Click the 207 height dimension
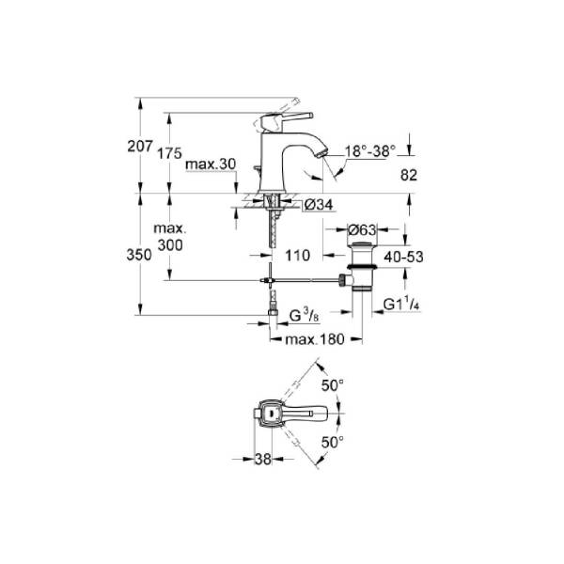[140, 146]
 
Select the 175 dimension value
[169, 153]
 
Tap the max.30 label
[211, 164]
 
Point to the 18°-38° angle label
[370, 151]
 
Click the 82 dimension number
[409, 175]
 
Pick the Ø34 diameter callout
[319, 205]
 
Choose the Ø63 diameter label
[362, 230]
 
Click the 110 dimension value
[297, 256]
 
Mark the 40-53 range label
[403, 257]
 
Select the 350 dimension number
[139, 255]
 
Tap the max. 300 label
[170, 237]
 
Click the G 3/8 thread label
[304, 316]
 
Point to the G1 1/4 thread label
[401, 305]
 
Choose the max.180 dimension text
[315, 339]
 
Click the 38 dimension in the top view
[263, 459]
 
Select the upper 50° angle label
[333, 386]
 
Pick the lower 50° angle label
[333, 442]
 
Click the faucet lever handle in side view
[287, 119]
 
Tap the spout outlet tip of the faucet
[321, 153]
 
